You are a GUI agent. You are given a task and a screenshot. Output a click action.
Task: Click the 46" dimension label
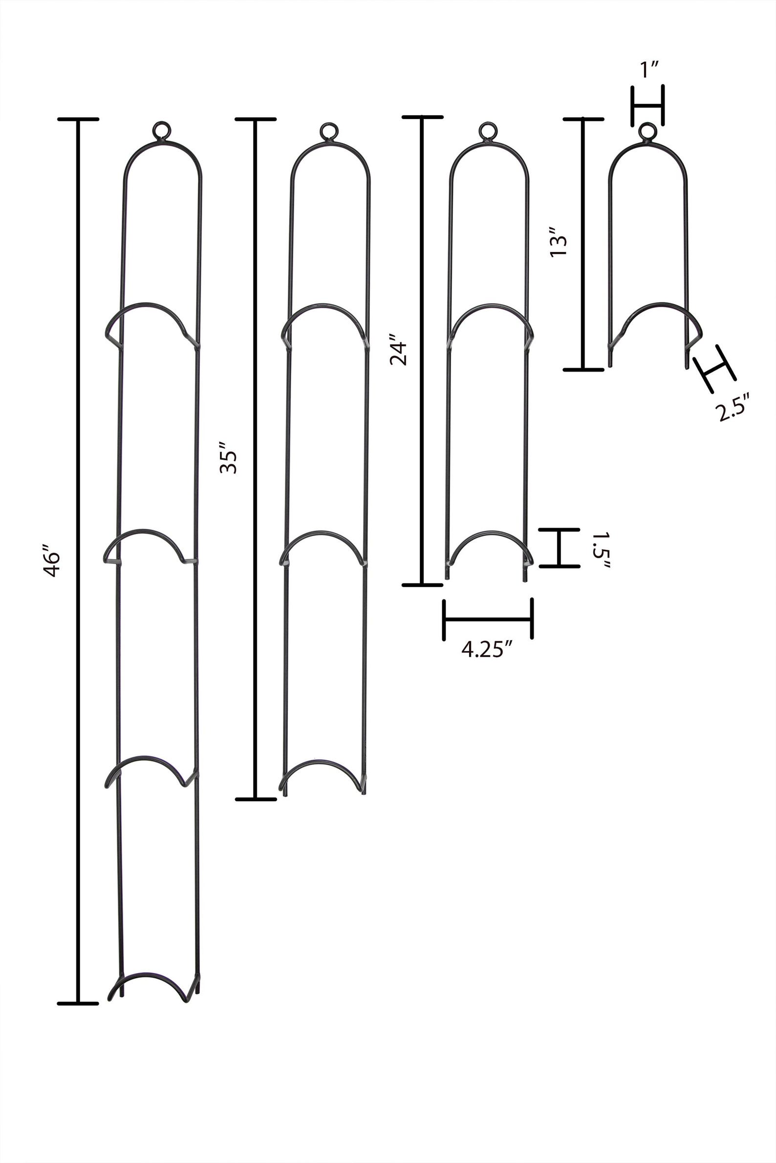point(51,561)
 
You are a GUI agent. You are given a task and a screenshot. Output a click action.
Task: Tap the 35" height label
point(228,461)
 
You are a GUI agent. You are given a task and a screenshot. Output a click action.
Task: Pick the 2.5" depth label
point(734,406)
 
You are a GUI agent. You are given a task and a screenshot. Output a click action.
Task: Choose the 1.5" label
point(601,549)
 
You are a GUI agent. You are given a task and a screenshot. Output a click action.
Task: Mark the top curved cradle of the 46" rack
point(147,304)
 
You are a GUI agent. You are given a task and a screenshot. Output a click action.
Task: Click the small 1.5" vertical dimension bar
point(559,548)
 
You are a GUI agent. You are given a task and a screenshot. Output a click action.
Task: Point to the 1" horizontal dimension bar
point(647,105)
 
